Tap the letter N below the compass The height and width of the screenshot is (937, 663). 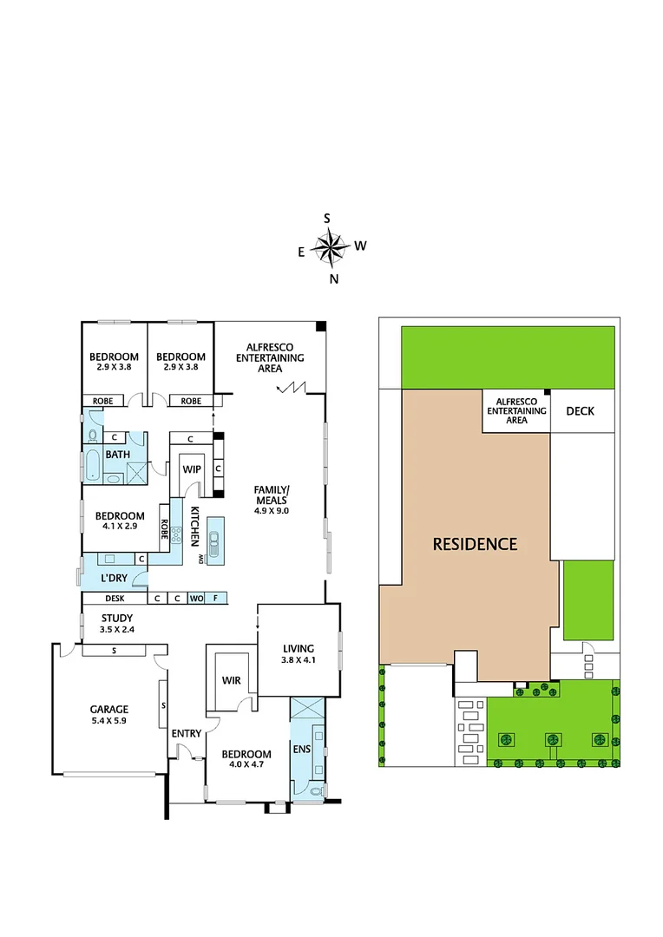click(x=334, y=278)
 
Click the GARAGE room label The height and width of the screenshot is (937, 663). click(x=108, y=709)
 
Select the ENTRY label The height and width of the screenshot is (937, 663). click(x=187, y=733)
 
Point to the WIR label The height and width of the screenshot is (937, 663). click(x=231, y=680)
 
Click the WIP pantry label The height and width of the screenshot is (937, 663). click(x=191, y=468)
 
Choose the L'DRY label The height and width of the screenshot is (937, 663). click(x=115, y=578)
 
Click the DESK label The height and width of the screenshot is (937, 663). click(x=115, y=598)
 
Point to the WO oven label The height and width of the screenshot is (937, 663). click(x=196, y=598)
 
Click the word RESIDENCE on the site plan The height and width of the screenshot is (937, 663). click(x=475, y=544)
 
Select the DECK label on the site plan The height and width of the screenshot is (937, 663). click(x=581, y=410)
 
